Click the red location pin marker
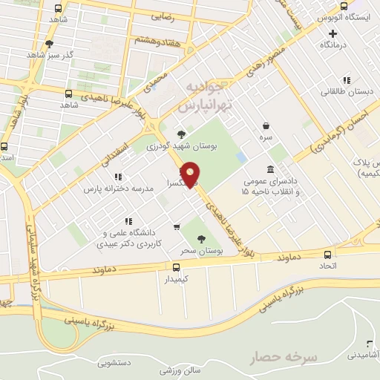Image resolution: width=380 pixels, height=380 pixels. pyautogui.click(x=191, y=173)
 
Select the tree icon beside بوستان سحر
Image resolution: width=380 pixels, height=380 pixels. pyautogui.click(x=202, y=239)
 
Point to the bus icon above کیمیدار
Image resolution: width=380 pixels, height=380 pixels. pyautogui.click(x=176, y=268)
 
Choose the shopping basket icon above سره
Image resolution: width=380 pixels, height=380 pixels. pyautogui.click(x=266, y=126)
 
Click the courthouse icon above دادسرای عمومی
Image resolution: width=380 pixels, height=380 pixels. pyautogui.click(x=268, y=170)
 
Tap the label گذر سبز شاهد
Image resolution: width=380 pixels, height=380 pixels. pyautogui.click(x=49, y=56)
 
